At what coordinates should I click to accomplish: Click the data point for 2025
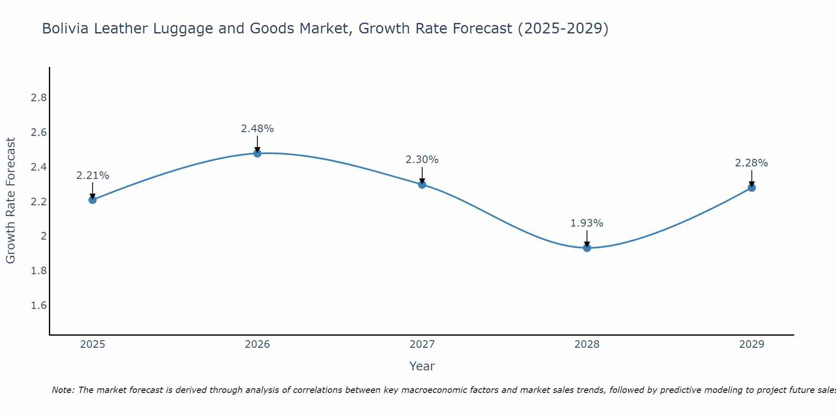[92, 200]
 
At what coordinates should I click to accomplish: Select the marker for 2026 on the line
[257, 153]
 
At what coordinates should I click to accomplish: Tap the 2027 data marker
[422, 184]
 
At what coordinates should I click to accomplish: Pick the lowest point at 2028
[587, 248]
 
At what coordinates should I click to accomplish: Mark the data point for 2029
[752, 188]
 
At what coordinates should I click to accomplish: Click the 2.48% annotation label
[257, 129]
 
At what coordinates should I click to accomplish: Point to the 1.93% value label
[587, 223]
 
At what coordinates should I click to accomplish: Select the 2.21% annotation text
[92, 176]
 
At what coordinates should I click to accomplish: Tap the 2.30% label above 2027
[422, 160]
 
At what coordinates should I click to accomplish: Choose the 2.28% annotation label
[752, 163]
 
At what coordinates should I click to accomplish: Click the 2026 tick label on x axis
[257, 344]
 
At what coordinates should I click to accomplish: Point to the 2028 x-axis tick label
[587, 344]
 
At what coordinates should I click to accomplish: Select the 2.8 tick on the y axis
[38, 98]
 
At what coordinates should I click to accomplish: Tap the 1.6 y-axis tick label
[38, 306]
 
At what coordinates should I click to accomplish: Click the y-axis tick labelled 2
[43, 236]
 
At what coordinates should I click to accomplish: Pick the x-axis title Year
[422, 366]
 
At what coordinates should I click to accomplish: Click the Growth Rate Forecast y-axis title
[10, 201]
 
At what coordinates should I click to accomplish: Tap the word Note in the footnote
[62, 390]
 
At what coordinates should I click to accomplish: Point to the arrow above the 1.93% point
[587, 238]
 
